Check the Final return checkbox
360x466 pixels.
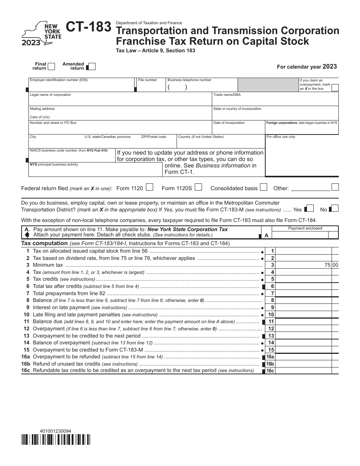(x=51, y=66)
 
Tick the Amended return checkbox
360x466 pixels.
(x=91, y=67)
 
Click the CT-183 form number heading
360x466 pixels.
(x=89, y=28)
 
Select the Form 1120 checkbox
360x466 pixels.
(x=150, y=187)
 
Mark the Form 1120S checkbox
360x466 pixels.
(x=198, y=187)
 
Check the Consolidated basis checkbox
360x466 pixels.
(x=264, y=187)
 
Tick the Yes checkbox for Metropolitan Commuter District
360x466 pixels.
(x=310, y=208)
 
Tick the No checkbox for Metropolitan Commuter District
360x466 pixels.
(x=335, y=208)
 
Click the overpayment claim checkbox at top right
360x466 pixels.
(x=335, y=88)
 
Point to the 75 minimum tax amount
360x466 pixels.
(x=327, y=265)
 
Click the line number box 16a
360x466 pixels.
(x=270, y=357)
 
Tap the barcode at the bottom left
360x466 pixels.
(x=56, y=439)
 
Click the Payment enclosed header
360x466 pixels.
(x=305, y=228)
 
